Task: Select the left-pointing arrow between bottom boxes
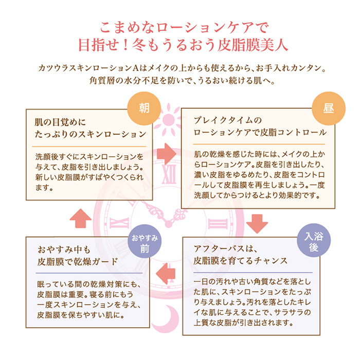tap(166, 272)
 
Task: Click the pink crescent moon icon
tap(169, 317)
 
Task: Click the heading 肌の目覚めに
tap(59, 123)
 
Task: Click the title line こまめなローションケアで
tap(179, 25)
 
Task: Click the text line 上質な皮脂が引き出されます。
tap(245, 323)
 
